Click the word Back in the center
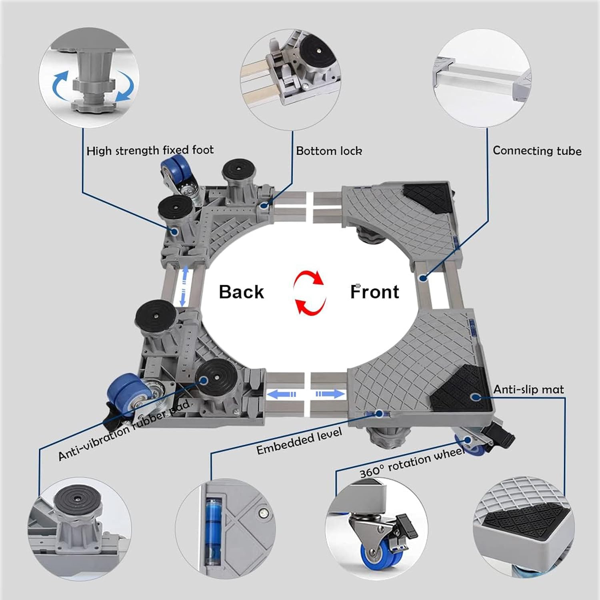tap(241, 292)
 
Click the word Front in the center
tap(374, 292)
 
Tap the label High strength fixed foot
tap(150, 150)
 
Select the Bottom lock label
tap(329, 151)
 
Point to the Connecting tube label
tap(537, 151)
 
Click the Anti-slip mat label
tap(528, 389)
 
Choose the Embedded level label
tap(299, 441)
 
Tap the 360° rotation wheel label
tap(412, 463)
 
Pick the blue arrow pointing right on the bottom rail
tap(330, 394)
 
